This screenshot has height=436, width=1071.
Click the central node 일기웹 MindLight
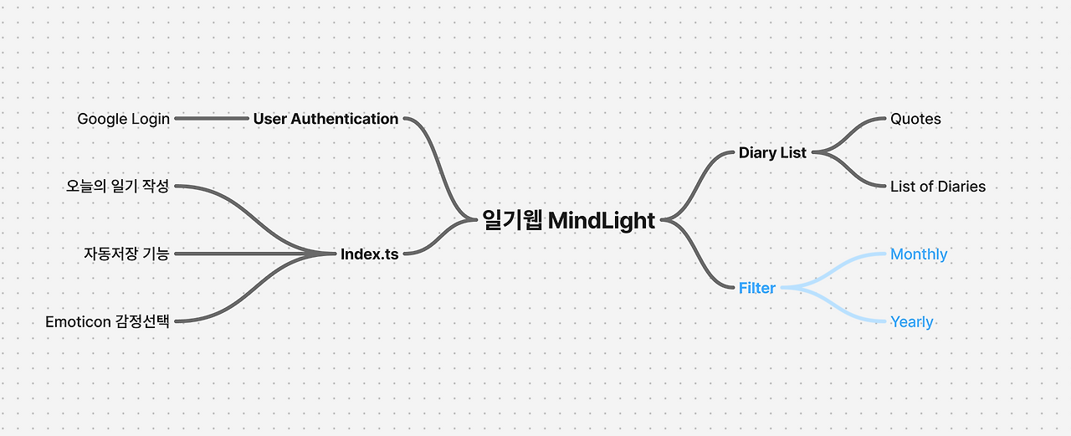[x=568, y=220]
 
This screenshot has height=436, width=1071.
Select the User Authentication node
[x=325, y=119]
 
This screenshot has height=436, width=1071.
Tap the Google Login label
[x=124, y=119]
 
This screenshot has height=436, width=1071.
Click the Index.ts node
[x=369, y=254]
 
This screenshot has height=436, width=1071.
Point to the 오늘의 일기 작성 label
[x=118, y=186]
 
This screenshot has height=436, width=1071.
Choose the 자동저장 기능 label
[x=126, y=254]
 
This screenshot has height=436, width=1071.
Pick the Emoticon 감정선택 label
[x=107, y=321]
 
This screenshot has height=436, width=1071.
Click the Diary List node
[x=772, y=153]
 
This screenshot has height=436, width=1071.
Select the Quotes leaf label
[x=915, y=119]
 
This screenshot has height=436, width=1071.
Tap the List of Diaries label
[x=938, y=187]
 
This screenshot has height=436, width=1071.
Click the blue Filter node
[x=756, y=288]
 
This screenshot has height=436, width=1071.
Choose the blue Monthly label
[x=919, y=254]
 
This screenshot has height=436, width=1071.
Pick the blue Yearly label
[x=911, y=322]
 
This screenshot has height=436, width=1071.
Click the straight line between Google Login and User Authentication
[x=212, y=119]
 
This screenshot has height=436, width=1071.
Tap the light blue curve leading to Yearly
[x=837, y=307]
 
